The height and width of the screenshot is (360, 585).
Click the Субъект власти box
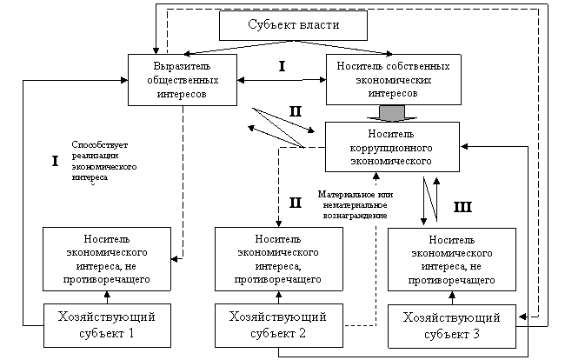(293, 25)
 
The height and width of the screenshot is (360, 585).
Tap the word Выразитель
(182, 66)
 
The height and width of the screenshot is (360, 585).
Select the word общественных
(182, 79)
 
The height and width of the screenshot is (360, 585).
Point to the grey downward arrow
(391, 113)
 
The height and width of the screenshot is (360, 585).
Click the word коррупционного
(392, 148)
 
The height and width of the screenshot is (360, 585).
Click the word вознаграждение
(351, 214)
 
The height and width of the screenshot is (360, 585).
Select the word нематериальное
(351, 204)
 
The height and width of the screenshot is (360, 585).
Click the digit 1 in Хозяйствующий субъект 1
(131, 332)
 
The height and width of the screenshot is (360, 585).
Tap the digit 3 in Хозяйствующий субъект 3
(476, 333)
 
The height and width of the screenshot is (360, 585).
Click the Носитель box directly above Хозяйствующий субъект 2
(279, 259)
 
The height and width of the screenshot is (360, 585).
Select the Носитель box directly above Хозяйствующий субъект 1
(106, 259)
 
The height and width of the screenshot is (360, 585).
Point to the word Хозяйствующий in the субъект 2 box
(277, 317)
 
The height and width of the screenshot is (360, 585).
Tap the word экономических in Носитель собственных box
(392, 79)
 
